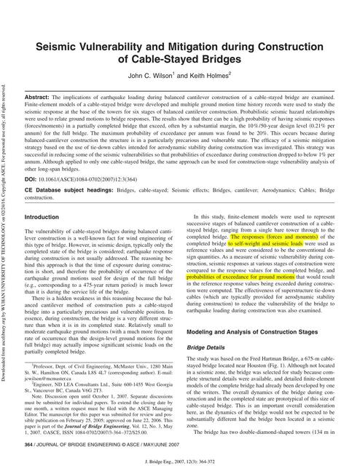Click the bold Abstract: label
click(x=41, y=97)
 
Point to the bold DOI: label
click(x=33, y=158)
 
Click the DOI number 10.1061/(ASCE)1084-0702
click(x=88, y=158)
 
